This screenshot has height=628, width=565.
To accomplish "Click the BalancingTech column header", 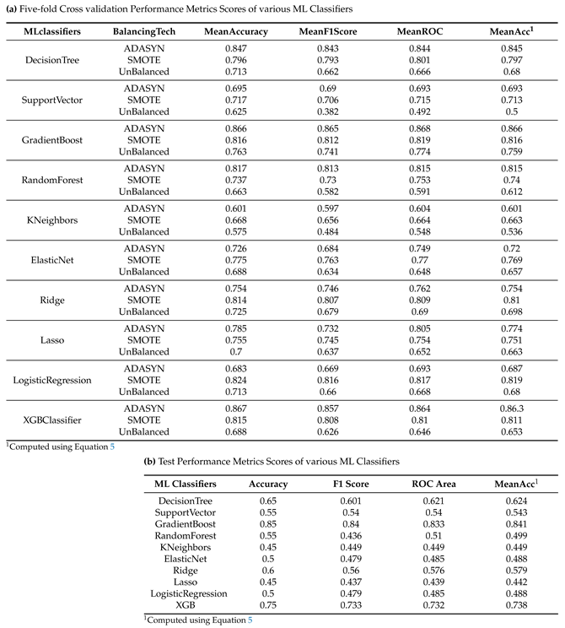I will point(143,30).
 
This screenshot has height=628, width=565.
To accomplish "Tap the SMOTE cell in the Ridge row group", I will point(143,300).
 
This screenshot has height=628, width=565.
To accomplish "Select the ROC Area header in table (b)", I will point(434,484).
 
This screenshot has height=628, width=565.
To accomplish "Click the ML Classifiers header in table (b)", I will point(185,484).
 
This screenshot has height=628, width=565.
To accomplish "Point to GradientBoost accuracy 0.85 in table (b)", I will point(268,524).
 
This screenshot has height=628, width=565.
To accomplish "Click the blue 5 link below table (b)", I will point(249,620).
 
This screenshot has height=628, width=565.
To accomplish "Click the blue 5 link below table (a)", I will point(111,446).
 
